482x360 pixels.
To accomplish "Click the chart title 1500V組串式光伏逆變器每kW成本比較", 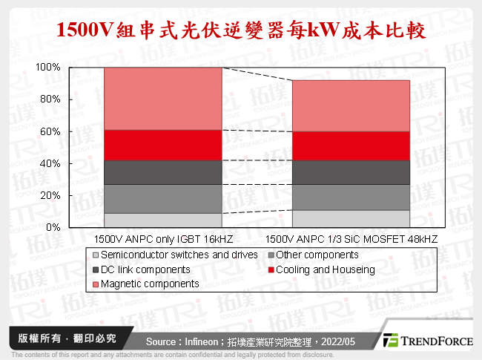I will (x=240, y=30).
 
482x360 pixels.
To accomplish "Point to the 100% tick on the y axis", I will (x=48, y=68).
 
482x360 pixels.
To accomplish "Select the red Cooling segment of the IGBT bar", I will (x=162, y=145).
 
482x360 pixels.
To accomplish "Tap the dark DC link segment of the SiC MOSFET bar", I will (x=351, y=172).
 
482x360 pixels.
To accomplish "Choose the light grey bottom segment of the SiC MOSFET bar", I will (x=351, y=219).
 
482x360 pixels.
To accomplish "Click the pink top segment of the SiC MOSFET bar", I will (x=351, y=105).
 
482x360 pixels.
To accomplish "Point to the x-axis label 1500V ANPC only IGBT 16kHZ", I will (x=162, y=240).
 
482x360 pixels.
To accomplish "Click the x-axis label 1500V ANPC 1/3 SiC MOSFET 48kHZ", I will (x=351, y=240).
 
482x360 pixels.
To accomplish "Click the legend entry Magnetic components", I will (x=149, y=284).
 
